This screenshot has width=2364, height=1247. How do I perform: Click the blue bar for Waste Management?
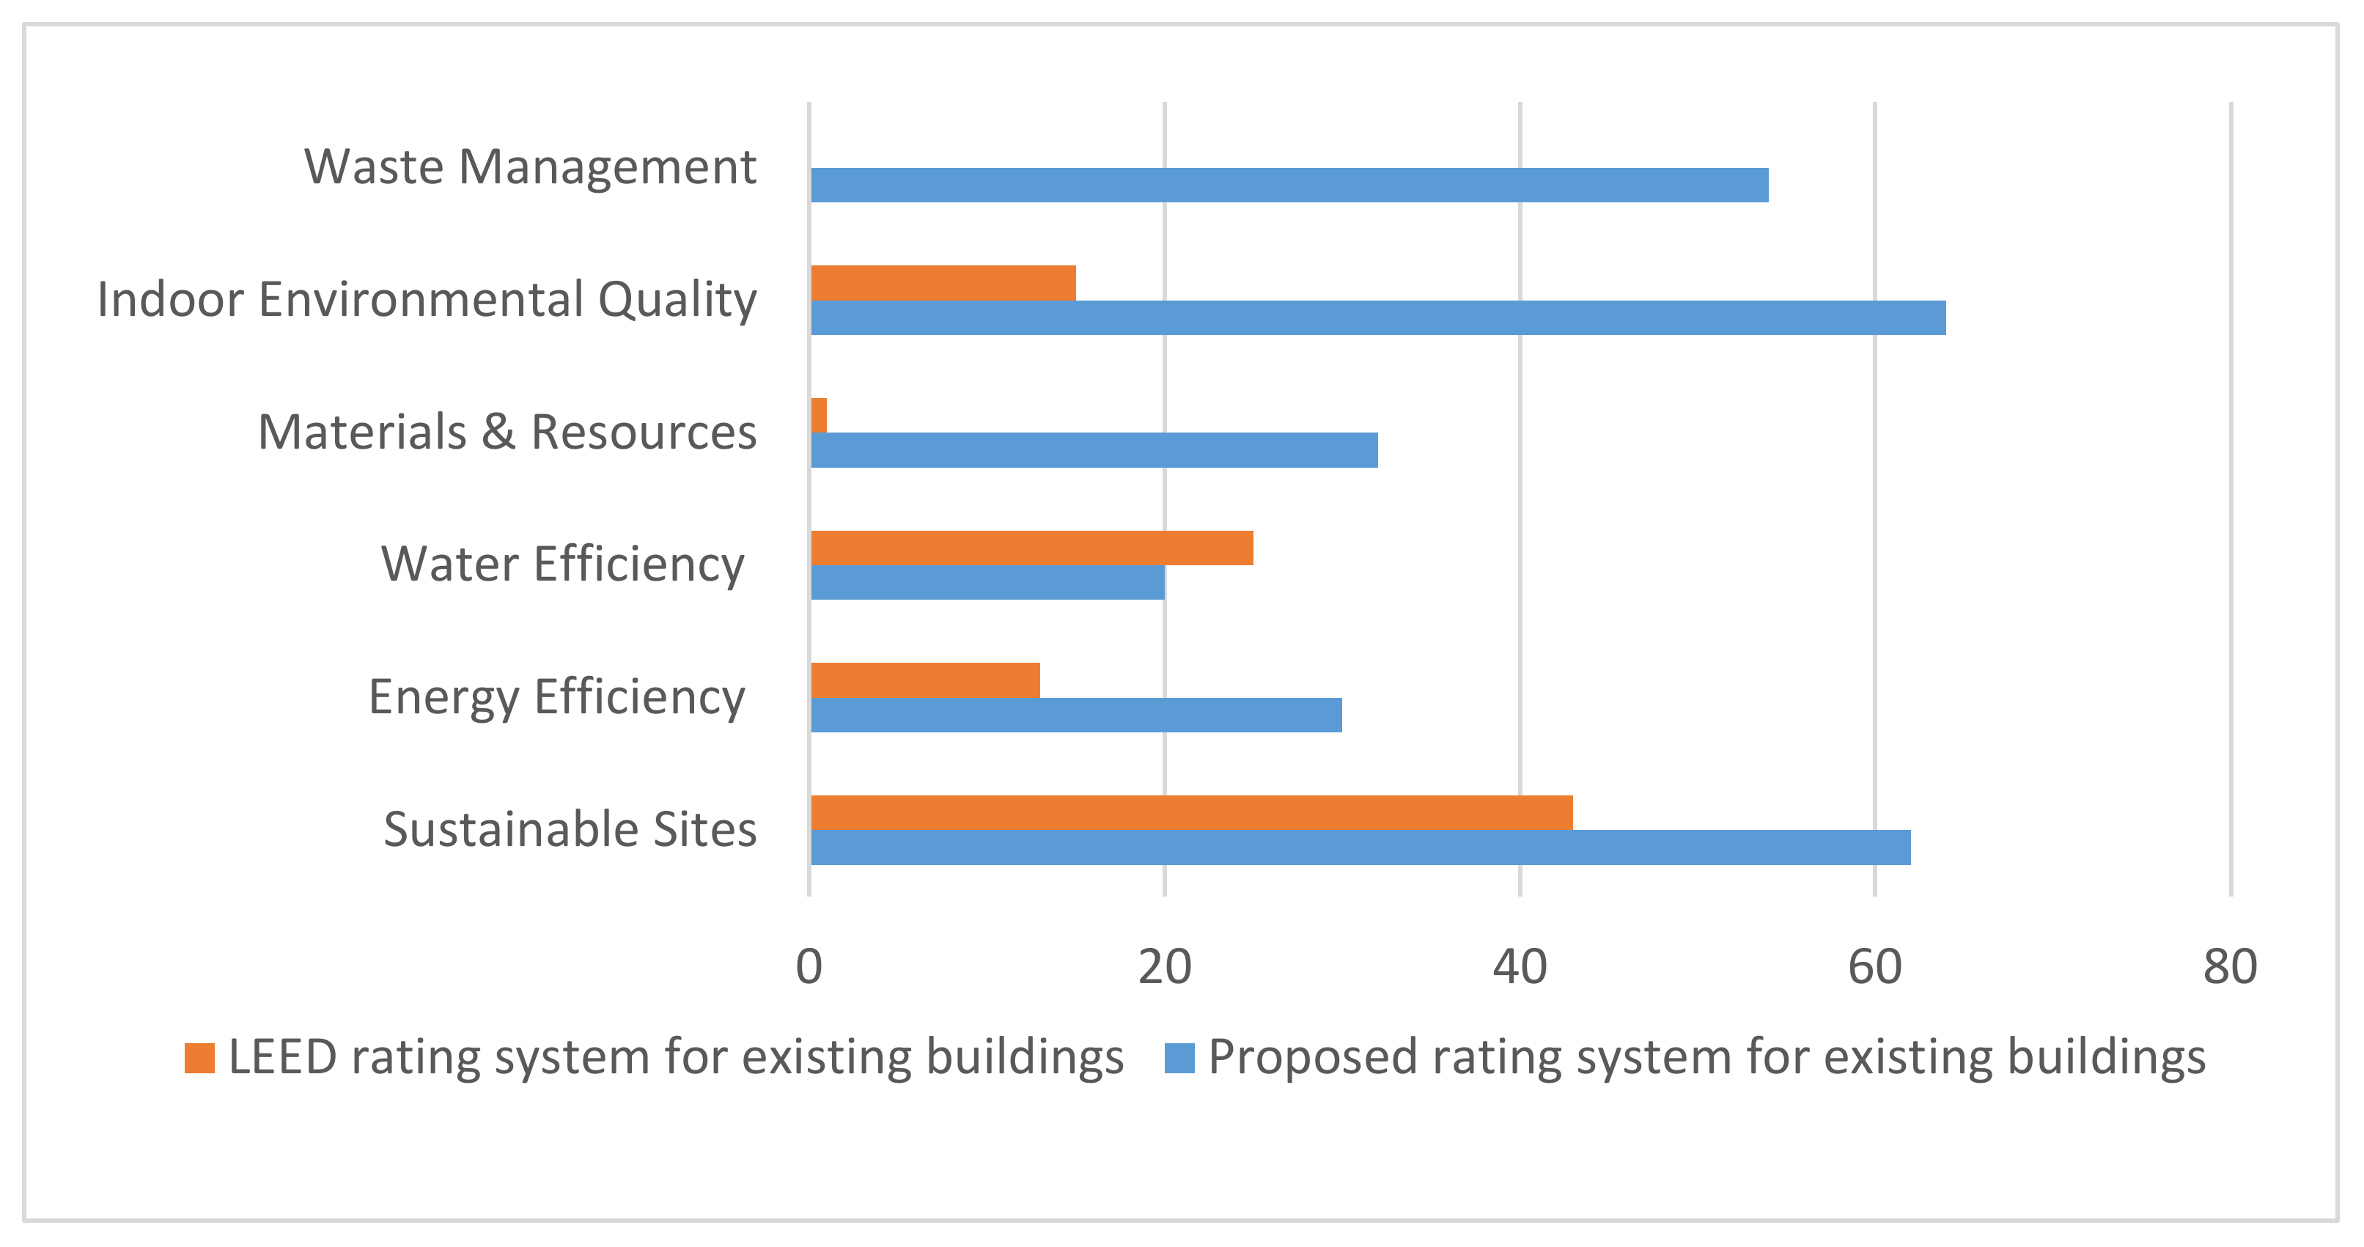point(1289,185)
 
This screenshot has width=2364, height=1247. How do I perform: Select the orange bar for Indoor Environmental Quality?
point(943,283)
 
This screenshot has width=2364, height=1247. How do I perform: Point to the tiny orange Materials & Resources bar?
point(819,415)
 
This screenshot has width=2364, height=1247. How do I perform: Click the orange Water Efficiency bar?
point(1031,548)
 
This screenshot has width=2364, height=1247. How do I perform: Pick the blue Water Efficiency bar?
point(987,582)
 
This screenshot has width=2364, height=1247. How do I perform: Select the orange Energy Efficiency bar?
point(925,680)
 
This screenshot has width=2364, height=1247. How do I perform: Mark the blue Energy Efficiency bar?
point(1075,715)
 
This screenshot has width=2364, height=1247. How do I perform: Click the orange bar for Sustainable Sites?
point(1191,812)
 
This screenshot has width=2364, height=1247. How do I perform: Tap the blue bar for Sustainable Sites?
point(1360,847)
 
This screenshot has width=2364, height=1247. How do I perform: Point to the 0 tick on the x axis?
point(809,967)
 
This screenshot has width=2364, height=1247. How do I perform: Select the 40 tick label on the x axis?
point(1520,967)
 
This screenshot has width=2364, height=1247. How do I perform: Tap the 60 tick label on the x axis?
point(1875,967)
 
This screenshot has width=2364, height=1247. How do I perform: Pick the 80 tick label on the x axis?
point(2230,967)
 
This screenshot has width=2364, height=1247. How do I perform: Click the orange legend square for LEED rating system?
point(199,1058)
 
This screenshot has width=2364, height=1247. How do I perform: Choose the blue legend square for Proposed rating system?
point(1179,1058)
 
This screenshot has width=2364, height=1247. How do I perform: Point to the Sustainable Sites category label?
point(570,829)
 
